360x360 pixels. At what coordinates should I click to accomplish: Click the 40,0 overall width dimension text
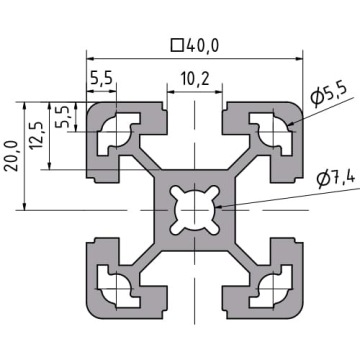point(202,46)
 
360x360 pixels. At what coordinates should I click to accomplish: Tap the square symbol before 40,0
point(177,46)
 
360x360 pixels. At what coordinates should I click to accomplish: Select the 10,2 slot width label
point(195,79)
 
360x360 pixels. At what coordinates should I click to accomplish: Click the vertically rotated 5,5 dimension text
point(63,117)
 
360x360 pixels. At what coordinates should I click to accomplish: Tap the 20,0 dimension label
point(11,156)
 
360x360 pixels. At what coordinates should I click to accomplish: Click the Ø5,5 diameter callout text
point(328,95)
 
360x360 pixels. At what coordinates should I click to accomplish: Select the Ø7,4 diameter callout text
point(335,180)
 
